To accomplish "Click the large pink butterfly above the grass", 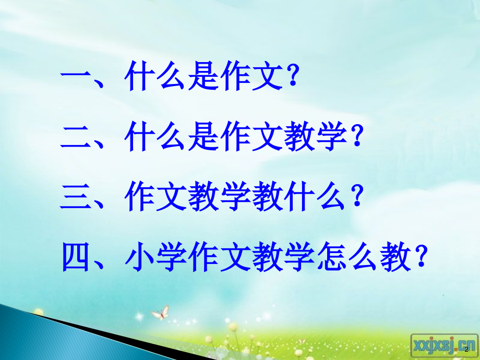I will (x=160, y=313).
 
